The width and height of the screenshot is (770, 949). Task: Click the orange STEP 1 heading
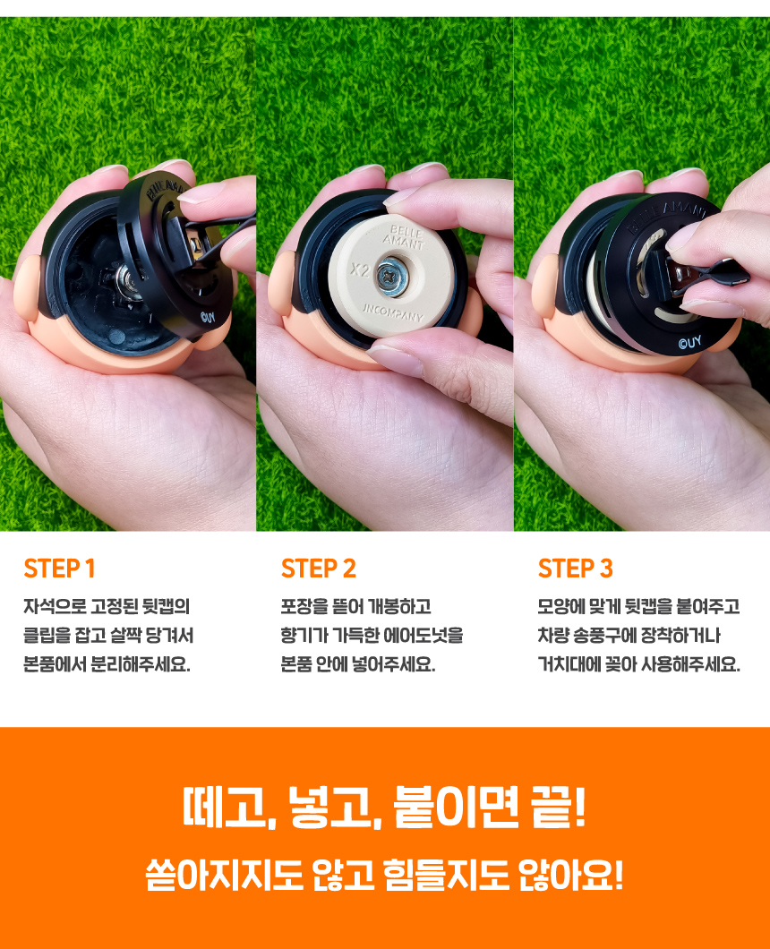(x=59, y=569)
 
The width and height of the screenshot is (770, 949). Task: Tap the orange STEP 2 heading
(x=319, y=569)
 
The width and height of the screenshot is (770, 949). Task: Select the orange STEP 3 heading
(x=576, y=569)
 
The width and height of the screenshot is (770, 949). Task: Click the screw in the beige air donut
(x=390, y=275)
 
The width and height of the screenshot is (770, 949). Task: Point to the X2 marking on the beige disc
(x=360, y=269)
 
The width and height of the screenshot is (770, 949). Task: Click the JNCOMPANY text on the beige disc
(x=393, y=312)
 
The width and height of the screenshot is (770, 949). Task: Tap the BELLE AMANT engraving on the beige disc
(x=406, y=236)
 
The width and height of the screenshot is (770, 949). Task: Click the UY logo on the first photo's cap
(x=208, y=317)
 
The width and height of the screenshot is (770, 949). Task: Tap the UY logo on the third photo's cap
(x=689, y=343)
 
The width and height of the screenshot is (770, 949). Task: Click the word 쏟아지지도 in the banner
(x=223, y=875)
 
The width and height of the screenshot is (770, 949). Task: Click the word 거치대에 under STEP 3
(x=568, y=664)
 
